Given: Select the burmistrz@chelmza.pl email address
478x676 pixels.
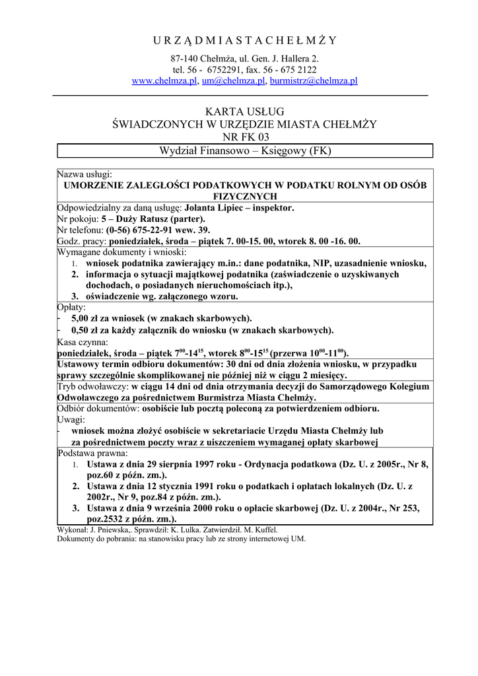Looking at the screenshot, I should pos(314,81).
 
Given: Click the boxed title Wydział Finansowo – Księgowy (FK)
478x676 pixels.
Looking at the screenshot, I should pos(245,151).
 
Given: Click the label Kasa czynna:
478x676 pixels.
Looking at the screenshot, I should pos(83,342).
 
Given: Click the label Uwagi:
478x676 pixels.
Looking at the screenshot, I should pos(71,419).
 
